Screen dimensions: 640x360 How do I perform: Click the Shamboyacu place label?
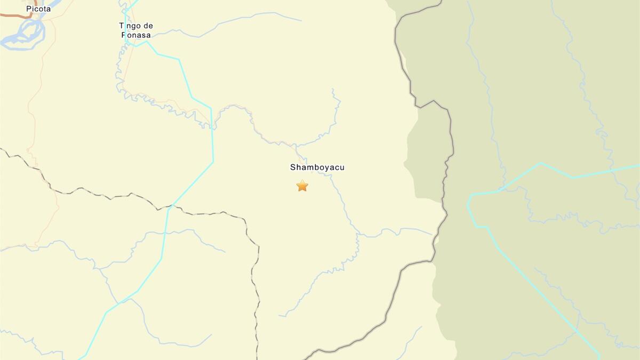click(317, 167)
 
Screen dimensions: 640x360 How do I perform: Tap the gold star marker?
click(302, 186)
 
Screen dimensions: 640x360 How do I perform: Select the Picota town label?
click(38, 9)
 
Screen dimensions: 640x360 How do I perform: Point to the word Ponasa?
click(136, 35)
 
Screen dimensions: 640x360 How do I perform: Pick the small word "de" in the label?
click(148, 26)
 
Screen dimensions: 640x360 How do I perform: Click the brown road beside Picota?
click(16, 15)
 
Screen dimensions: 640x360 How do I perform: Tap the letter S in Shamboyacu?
click(293, 167)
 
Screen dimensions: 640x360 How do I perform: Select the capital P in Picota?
click(29, 9)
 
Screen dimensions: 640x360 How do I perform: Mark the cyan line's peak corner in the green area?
click(541, 163)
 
